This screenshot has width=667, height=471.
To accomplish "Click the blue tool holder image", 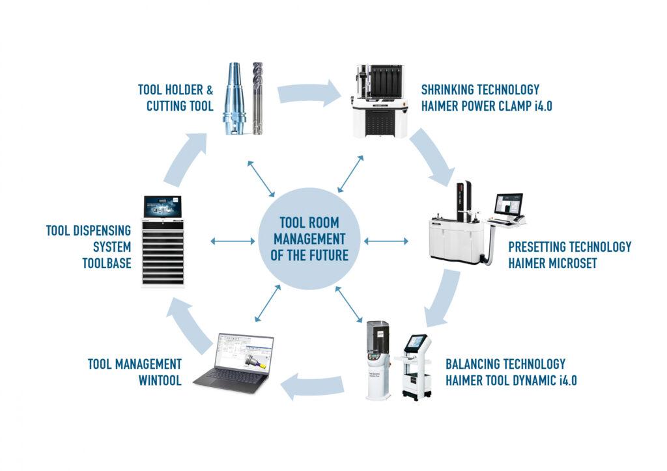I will point(236,98).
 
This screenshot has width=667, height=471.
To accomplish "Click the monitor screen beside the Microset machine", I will point(510,208).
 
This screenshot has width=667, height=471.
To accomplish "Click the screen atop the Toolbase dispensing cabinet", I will point(162,208).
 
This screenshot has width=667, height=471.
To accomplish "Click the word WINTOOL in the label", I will point(160,379).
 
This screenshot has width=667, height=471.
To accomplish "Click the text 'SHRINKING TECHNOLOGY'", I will point(480,90).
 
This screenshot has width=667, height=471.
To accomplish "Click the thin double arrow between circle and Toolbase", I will point(233,241).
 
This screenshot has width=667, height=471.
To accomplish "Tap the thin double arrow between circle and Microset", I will point(386,241).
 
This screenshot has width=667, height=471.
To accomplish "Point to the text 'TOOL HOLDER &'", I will point(176,90).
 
